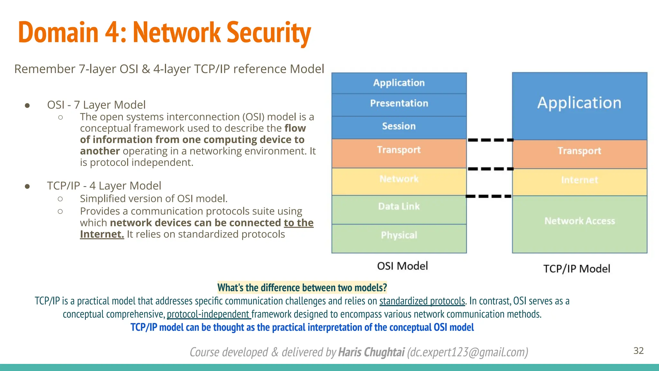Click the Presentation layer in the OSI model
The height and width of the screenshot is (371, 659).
[399, 103]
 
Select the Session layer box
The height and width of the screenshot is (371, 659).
[399, 126]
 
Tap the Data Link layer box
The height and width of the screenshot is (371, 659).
[399, 207]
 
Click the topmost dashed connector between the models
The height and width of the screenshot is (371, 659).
[490, 140]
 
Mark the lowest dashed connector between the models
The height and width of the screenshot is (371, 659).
[488, 196]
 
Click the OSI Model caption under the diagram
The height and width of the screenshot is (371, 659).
[403, 266]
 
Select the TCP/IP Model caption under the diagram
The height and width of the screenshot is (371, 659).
[577, 269]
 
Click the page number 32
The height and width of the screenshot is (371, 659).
[638, 351]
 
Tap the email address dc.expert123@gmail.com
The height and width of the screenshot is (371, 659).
[468, 352]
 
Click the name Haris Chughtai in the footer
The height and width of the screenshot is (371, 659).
[371, 352]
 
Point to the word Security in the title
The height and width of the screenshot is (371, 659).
[269, 32]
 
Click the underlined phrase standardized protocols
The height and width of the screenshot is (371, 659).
[422, 301]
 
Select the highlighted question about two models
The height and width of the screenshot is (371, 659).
[302, 287]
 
